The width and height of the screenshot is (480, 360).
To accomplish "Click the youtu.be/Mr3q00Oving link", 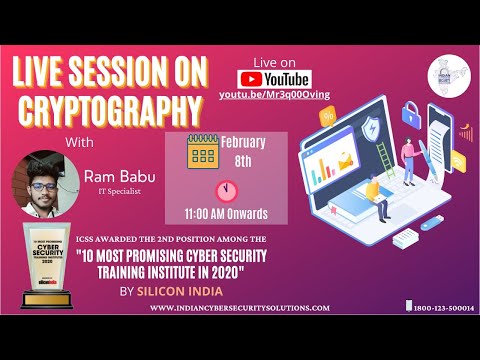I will pyautogui.click(x=274, y=95).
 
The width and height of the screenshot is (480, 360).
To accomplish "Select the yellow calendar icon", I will pyautogui.click(x=203, y=152).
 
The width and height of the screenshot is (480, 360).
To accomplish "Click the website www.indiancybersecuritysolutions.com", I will pyautogui.click(x=240, y=309).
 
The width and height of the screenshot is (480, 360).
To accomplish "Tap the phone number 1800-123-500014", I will pyautogui.click(x=443, y=308).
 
